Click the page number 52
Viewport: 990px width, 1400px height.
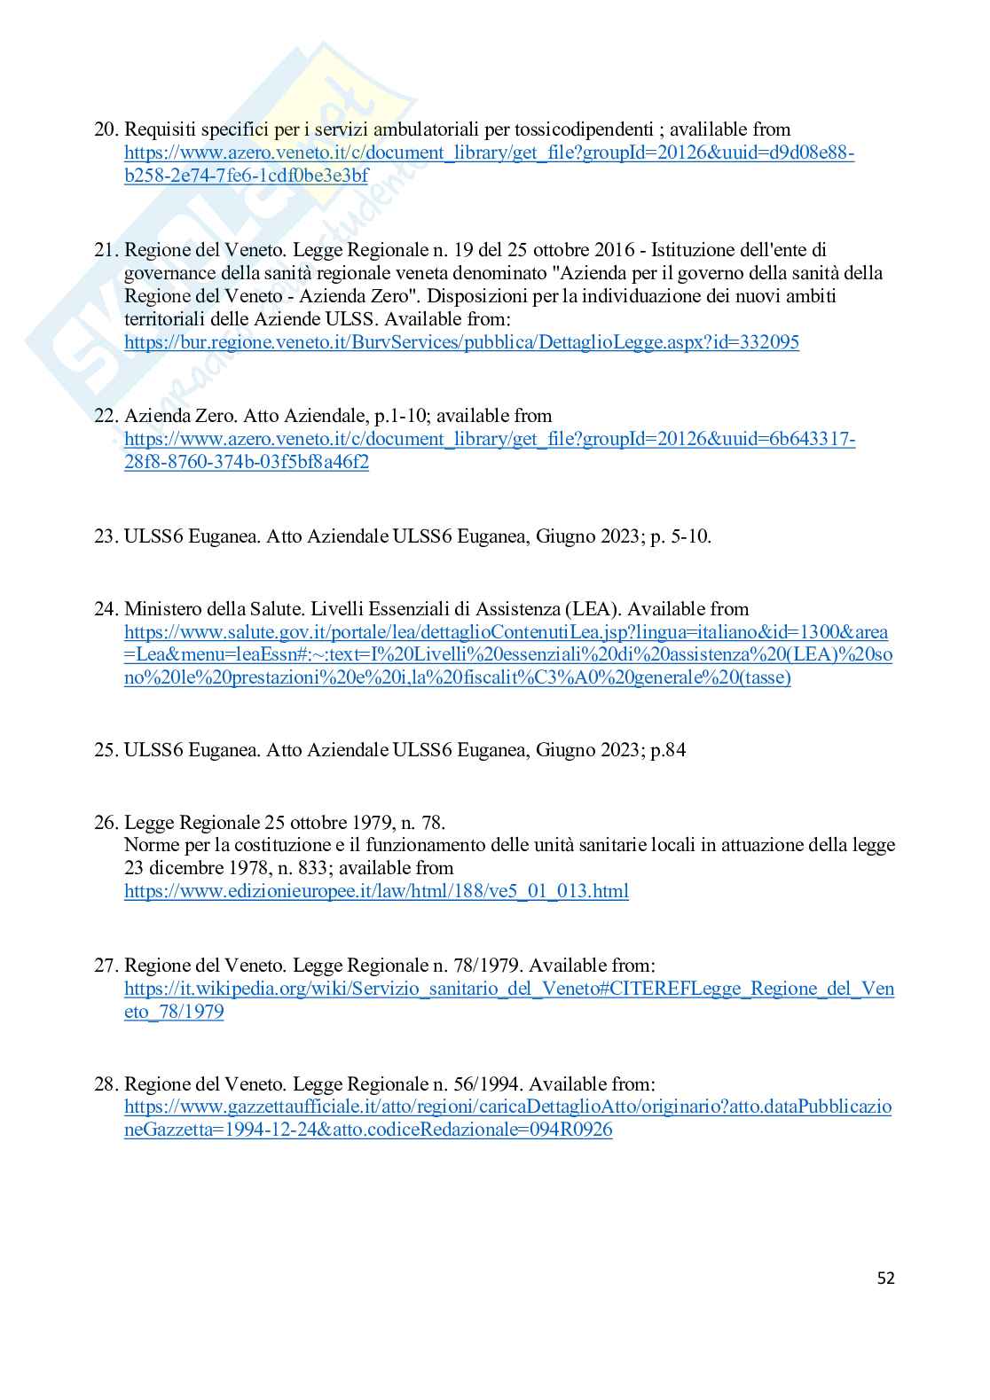885,1278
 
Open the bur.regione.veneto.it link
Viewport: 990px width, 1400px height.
461,342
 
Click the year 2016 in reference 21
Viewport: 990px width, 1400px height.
613,250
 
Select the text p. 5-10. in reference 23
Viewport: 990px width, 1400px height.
681,536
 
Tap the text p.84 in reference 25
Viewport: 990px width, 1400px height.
668,750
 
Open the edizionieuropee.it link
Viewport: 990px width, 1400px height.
376,891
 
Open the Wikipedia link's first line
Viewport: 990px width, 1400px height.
509,989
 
